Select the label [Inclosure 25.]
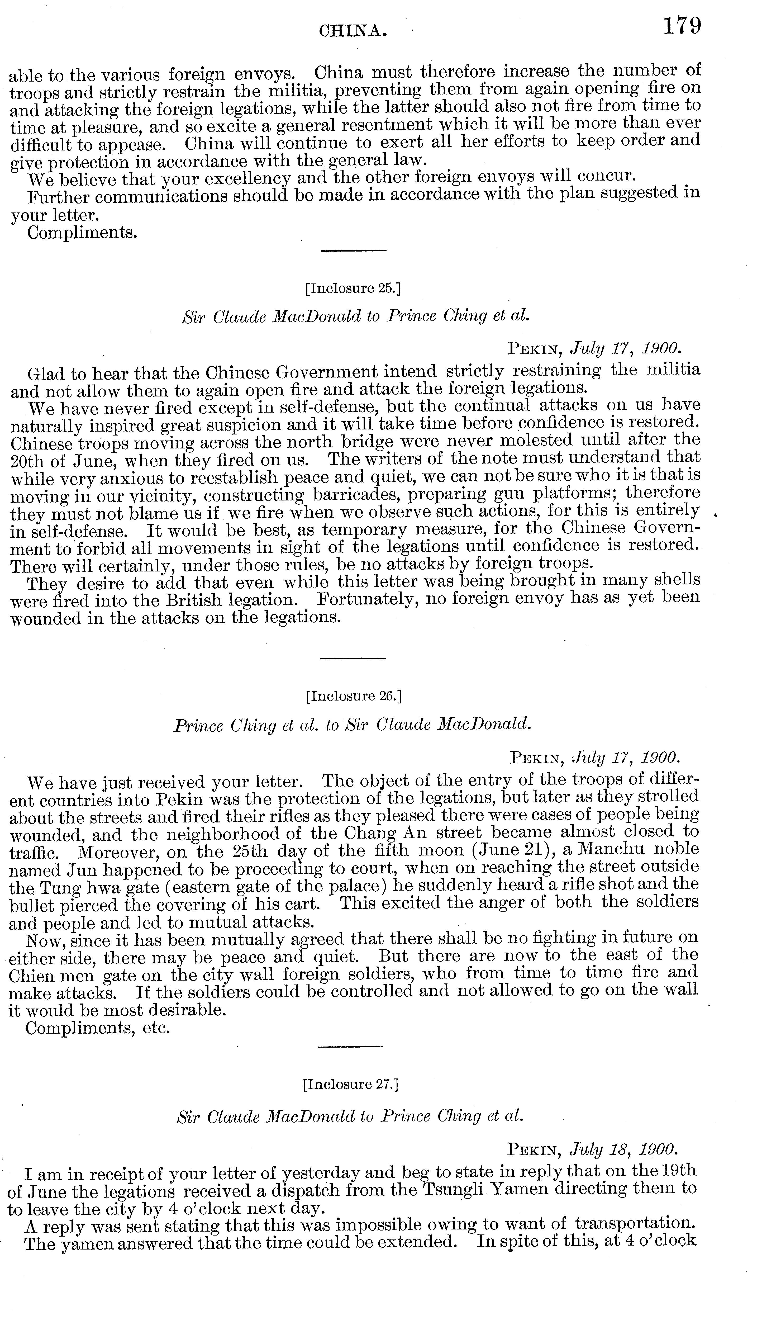[353, 288]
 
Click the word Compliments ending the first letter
[82, 233]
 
